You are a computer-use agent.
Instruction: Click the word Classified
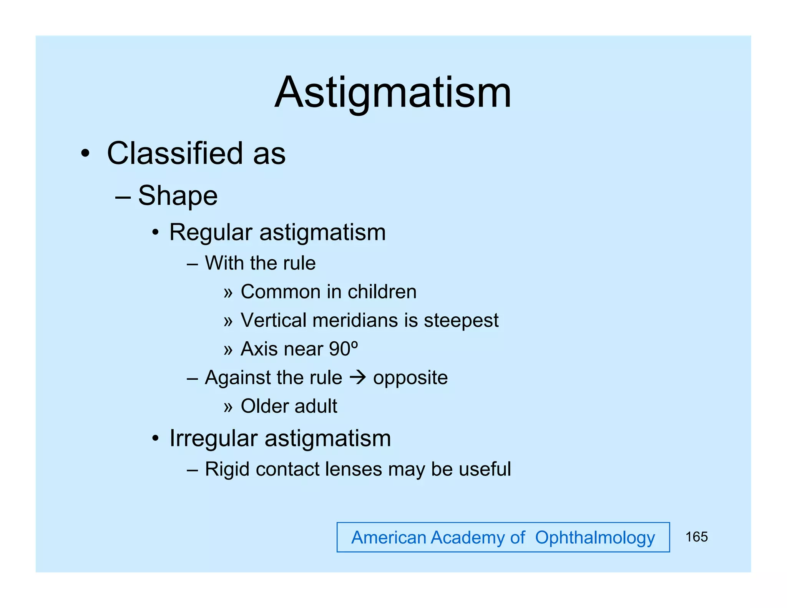(175, 153)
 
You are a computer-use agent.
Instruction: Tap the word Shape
(178, 196)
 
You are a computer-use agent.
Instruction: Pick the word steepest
(461, 320)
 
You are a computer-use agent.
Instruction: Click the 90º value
(344, 349)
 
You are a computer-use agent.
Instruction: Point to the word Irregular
(213, 439)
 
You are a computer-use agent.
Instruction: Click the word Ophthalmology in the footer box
(594, 538)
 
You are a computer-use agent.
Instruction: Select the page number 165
(696, 537)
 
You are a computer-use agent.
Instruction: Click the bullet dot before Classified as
(85, 154)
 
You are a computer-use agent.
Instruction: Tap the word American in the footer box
(389, 538)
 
